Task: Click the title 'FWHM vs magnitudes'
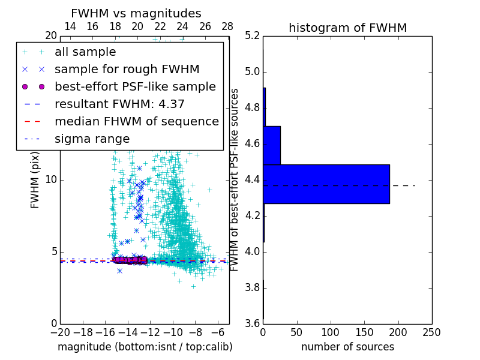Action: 136,13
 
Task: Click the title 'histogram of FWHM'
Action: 347,28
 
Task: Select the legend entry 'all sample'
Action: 85,52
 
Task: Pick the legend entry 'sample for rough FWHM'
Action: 127,69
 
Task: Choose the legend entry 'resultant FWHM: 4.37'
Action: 119,104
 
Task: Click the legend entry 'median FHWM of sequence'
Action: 136,121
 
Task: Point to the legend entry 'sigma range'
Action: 92,139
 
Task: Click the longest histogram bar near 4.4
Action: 326,184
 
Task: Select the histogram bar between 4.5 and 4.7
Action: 271,145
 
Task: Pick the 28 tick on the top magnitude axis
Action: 227,26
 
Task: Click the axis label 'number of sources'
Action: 347,347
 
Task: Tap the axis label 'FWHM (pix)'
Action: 35,180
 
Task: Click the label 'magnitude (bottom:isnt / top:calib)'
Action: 145,347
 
